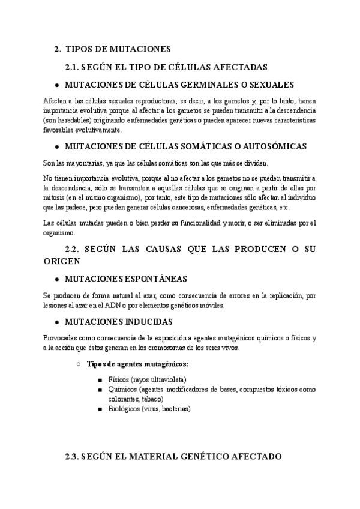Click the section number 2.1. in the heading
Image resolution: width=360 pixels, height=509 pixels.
click(x=74, y=67)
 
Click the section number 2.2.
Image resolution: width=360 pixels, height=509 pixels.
click(x=74, y=248)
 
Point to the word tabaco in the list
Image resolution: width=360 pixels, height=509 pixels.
click(x=149, y=399)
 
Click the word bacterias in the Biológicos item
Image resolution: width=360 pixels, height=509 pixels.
click(x=174, y=408)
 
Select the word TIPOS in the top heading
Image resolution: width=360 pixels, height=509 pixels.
click(x=79, y=49)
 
